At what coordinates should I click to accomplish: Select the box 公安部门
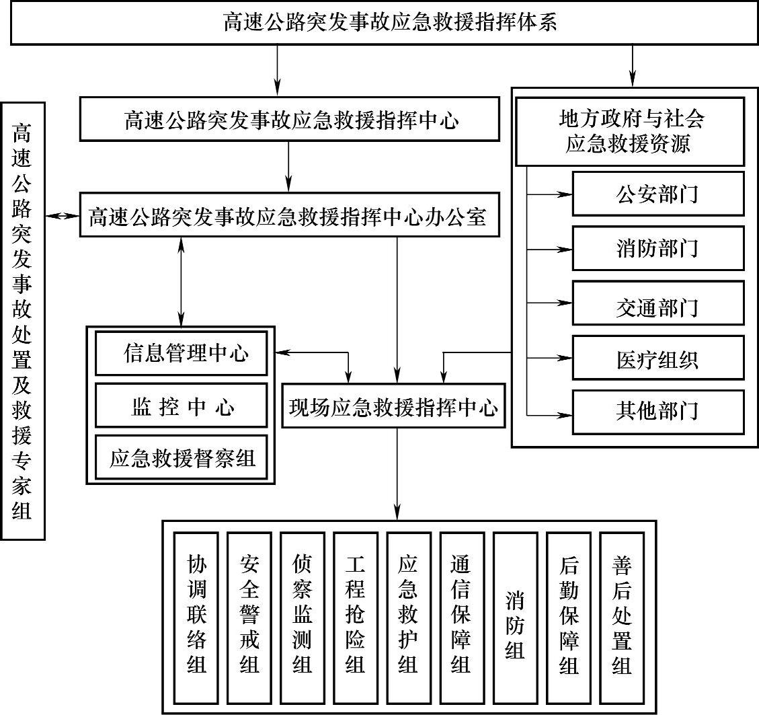pyautogui.click(x=658, y=194)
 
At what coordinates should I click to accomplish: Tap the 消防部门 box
pyautogui.click(x=658, y=248)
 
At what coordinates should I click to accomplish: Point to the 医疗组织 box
pyautogui.click(x=658, y=358)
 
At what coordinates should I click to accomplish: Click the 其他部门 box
pyautogui.click(x=658, y=411)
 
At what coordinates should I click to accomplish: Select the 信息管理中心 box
pyautogui.click(x=182, y=353)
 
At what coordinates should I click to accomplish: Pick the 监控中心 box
pyautogui.click(x=182, y=406)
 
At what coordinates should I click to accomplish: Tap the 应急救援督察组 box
pyautogui.click(x=182, y=458)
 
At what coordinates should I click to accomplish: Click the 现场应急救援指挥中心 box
pyautogui.click(x=396, y=406)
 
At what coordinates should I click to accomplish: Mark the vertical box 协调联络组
pyautogui.click(x=196, y=616)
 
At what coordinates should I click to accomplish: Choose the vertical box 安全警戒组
pyautogui.click(x=249, y=616)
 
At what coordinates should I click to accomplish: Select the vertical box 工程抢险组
pyautogui.click(x=356, y=616)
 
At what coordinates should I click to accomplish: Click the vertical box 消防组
pyautogui.click(x=516, y=616)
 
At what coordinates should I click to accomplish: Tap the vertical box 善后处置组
pyautogui.click(x=622, y=616)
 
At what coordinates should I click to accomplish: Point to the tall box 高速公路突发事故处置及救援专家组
pyautogui.click(x=23, y=320)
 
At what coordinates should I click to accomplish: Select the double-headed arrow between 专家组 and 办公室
pyautogui.click(x=63, y=216)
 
